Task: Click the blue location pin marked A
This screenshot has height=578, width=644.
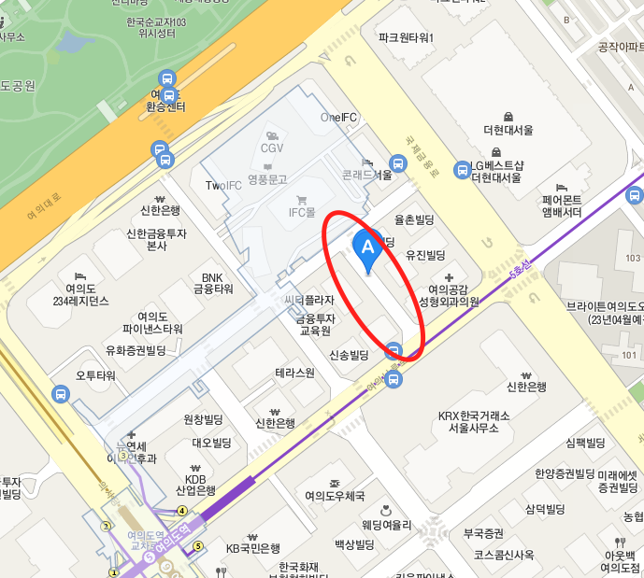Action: (367, 247)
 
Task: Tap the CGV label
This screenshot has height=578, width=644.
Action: (272, 148)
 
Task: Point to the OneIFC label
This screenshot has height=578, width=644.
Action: (339, 118)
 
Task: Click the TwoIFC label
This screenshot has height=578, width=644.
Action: (223, 186)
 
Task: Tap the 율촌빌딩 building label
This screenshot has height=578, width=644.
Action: (416, 221)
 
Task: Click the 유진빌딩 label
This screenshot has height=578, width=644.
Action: (425, 255)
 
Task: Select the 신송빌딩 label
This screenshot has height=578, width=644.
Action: (350, 355)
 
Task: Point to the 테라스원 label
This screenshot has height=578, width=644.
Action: (295, 373)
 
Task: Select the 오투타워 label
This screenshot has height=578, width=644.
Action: (95, 375)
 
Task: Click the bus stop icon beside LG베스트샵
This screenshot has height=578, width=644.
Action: (462, 170)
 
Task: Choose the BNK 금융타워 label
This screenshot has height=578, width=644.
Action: (212, 283)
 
